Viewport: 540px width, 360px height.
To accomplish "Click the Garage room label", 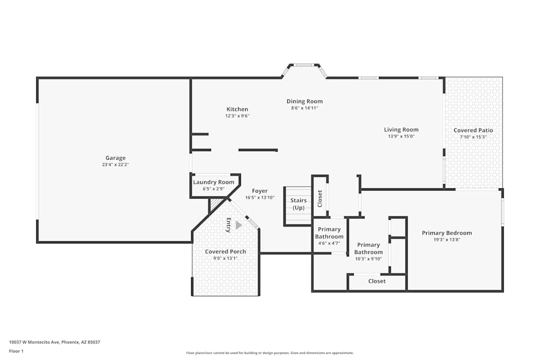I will tap(116, 158).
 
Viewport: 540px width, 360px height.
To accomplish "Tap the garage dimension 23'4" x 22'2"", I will tap(116, 165).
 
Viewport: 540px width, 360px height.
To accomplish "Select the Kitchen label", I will tap(237, 110).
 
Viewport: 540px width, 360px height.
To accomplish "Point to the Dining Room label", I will tap(305, 101).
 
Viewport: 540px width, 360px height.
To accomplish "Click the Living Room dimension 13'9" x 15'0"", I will tap(401, 136).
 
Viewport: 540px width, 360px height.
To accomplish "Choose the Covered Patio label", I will tap(473, 130).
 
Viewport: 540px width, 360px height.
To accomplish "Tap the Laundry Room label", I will tap(214, 182).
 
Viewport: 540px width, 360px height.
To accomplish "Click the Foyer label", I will tap(260, 191).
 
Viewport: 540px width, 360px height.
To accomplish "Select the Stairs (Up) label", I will tap(299, 204).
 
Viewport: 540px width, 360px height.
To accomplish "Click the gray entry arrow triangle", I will tap(239, 225).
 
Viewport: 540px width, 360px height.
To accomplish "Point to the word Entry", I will tap(228, 225).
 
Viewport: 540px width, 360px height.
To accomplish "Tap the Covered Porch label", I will tap(226, 252).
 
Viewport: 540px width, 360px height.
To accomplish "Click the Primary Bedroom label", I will tap(447, 233).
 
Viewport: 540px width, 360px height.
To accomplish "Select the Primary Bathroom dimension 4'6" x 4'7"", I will tap(329, 243).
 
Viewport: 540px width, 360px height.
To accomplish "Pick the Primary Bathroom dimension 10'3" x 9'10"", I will tap(369, 259).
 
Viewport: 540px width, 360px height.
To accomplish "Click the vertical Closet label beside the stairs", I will tap(320, 199).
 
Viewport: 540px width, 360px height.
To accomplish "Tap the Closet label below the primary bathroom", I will tap(377, 281).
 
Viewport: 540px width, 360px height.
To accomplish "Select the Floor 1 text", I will tap(16, 351).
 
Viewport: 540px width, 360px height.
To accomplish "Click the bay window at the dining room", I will tap(304, 66).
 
